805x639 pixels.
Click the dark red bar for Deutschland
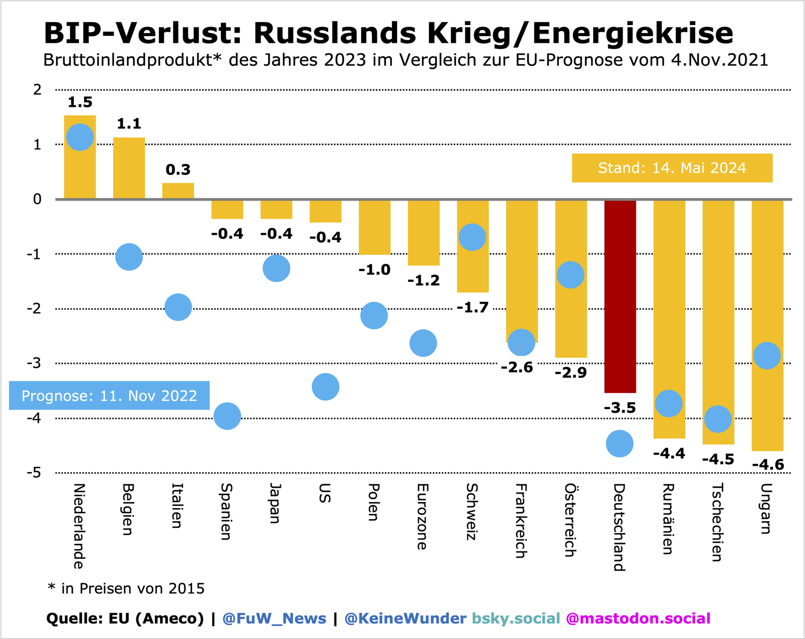620,297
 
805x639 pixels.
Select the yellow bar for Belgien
129,168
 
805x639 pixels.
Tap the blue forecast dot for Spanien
227,416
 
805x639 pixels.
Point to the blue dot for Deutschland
619,443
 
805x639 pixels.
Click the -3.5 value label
620,408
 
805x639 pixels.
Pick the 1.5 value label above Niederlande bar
80,103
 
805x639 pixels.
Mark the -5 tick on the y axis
34,473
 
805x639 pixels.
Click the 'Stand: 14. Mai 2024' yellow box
672,168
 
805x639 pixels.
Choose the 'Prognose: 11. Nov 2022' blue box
109,396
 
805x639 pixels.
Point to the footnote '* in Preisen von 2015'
126,588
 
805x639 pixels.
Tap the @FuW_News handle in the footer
274,618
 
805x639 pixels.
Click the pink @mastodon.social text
638,618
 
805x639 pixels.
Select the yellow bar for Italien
178,191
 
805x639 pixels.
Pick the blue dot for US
326,387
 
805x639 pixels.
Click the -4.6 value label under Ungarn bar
768,465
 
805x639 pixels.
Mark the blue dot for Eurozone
423,343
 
